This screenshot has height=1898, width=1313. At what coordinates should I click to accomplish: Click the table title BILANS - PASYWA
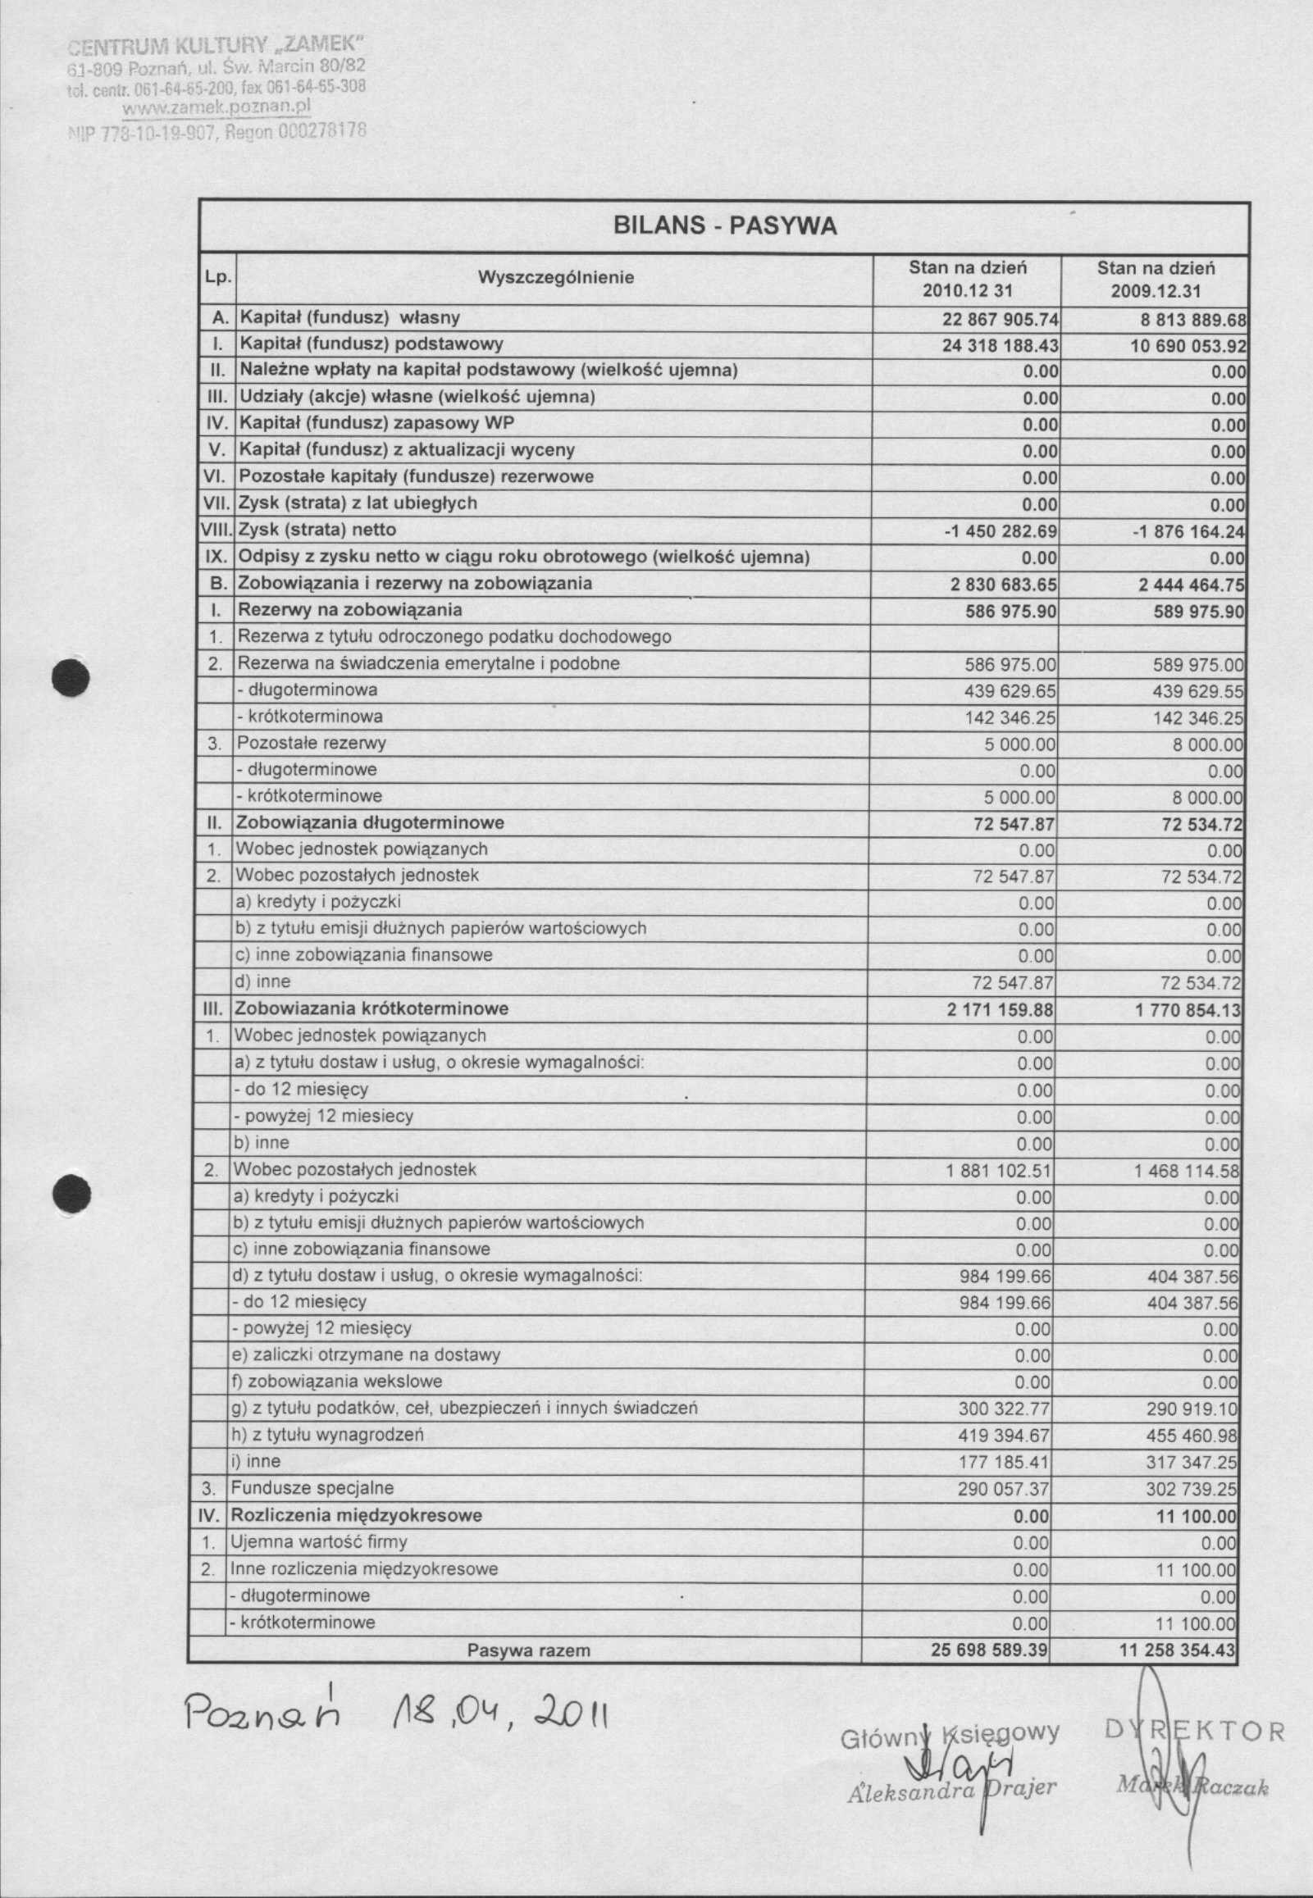[725, 226]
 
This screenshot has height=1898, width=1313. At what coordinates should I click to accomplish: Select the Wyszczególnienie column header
[555, 278]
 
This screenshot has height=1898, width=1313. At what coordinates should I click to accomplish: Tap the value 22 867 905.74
[1001, 319]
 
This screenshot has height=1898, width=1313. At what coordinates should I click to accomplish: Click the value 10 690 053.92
[1188, 345]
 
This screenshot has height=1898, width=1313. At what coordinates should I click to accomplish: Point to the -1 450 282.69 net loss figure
[1001, 531]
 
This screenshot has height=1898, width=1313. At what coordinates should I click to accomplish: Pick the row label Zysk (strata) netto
[317, 530]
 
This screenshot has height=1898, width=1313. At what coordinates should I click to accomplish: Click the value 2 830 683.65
[1003, 585]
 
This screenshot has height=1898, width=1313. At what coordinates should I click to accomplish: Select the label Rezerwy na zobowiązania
[349, 610]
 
